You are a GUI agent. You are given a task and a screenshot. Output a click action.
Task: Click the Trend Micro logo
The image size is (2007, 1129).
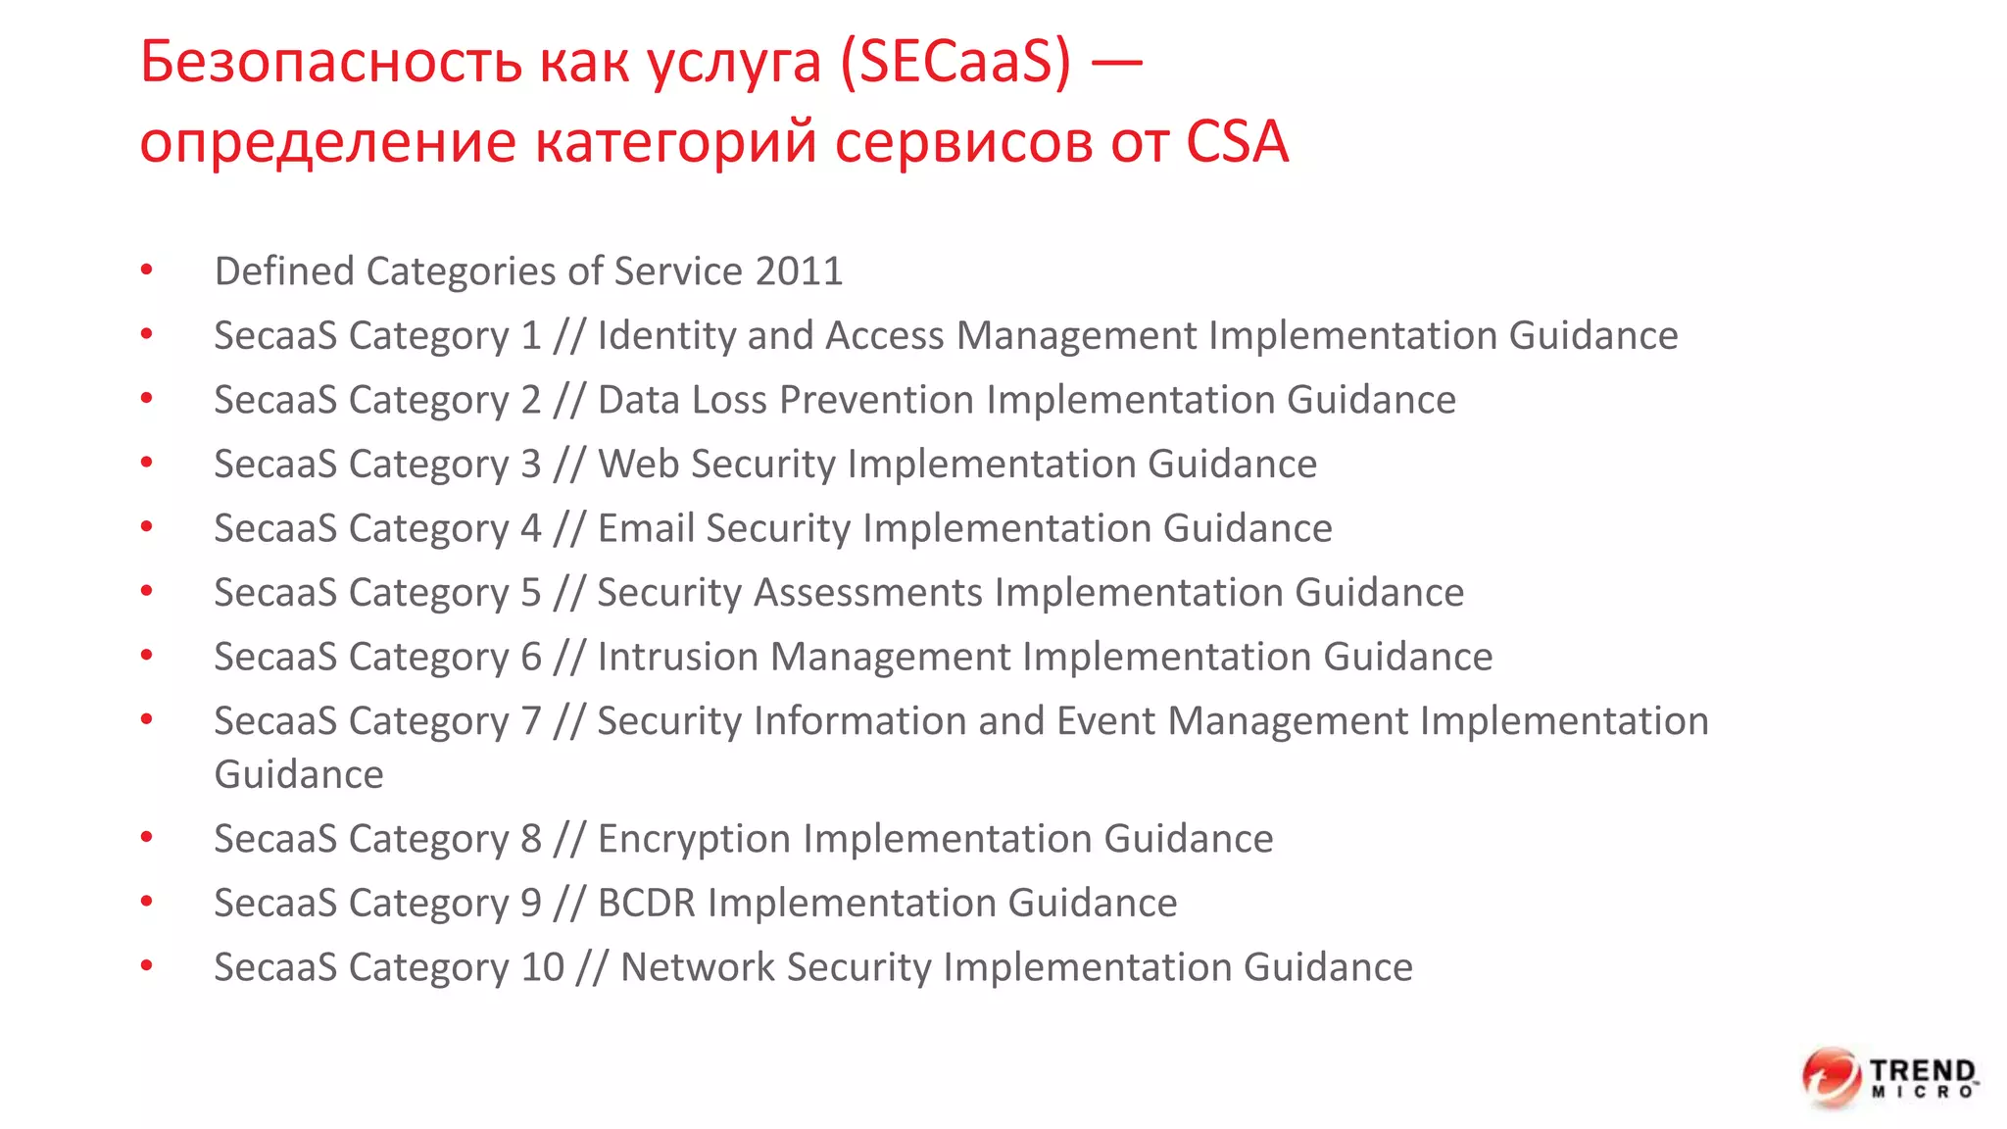tap(1889, 1077)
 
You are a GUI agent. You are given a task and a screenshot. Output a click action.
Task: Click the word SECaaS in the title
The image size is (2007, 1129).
tap(955, 62)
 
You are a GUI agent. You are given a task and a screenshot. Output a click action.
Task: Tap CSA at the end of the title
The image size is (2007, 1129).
tap(1237, 141)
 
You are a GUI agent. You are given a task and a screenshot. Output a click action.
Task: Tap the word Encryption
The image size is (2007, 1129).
tap(695, 839)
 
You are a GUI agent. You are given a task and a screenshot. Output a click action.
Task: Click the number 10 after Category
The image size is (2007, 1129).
tap(542, 967)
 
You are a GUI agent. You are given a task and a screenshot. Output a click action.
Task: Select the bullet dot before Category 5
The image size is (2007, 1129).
tap(147, 591)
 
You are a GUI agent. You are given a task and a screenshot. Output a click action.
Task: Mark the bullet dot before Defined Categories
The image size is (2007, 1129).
tap(147, 270)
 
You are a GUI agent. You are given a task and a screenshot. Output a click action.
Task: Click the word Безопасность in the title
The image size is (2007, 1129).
tap(331, 62)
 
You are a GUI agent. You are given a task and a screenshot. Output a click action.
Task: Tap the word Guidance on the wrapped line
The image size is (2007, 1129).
tap(299, 774)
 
